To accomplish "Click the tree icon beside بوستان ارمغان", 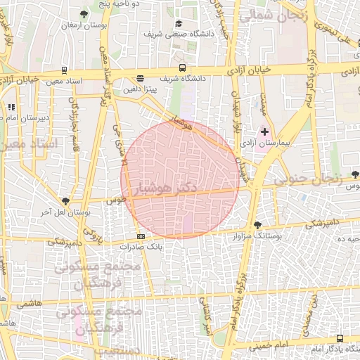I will (84, 13).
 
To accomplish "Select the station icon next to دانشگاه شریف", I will (183, 68).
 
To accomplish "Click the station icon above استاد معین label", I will (65, 70).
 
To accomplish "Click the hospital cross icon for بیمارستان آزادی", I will (265, 131).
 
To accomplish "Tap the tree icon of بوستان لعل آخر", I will (66, 201).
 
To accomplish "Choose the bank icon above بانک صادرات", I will (141, 236).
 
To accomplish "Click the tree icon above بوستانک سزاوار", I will (258, 226).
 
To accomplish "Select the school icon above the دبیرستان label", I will (11, 107).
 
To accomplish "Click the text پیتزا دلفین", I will (140, 89).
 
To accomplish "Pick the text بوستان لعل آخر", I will (55, 211).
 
